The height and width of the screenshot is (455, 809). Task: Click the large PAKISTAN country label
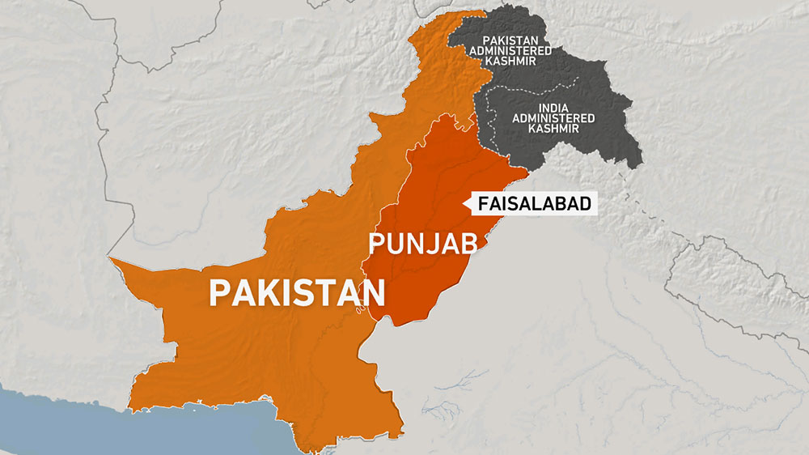coord(296,292)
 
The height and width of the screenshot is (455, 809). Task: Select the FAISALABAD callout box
coord(535,205)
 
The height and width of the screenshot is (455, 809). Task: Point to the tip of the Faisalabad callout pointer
coord(463,205)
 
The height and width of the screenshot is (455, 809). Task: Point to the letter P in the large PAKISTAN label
coord(220,292)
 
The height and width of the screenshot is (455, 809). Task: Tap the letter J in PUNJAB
coord(432,243)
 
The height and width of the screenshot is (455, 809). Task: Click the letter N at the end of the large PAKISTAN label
coord(373,292)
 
